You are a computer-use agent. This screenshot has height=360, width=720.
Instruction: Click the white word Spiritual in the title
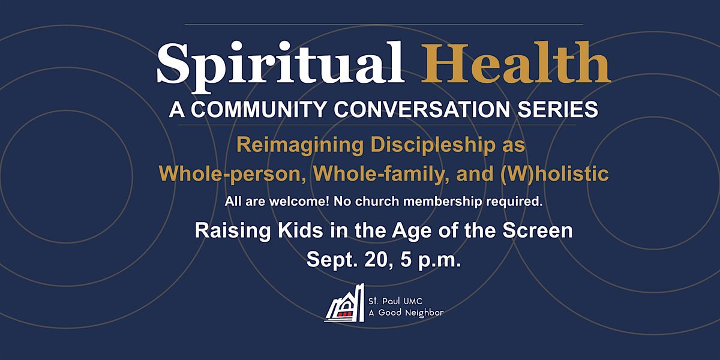[280, 67]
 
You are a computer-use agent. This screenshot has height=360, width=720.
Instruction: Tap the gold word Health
[516, 62]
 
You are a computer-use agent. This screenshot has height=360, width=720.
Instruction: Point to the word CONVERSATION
[422, 109]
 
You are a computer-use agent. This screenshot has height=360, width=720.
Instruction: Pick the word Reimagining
[300, 145]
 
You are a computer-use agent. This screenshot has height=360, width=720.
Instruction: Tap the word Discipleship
[433, 145]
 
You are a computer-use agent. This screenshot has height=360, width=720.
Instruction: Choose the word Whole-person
[232, 174]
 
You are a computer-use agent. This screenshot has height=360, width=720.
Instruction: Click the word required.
[514, 202]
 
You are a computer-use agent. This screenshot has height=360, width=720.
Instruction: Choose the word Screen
[538, 231]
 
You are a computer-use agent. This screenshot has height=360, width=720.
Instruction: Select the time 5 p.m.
[430, 260]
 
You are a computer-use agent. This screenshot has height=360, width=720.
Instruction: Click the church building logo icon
[344, 303]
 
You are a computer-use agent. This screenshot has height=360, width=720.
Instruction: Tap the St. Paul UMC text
[395, 301]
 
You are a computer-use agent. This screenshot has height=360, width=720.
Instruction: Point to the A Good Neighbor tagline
[406, 313]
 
